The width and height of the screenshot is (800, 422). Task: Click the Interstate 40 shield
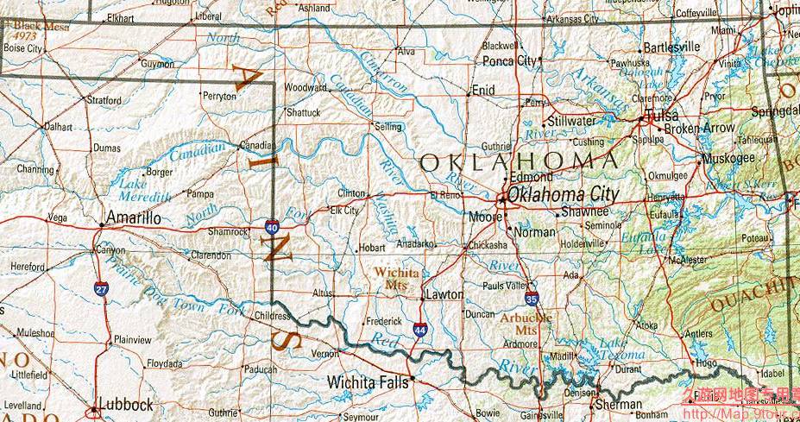(271, 228)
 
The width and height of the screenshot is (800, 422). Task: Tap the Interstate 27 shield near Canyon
(101, 290)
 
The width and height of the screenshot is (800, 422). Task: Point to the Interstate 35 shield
(532, 300)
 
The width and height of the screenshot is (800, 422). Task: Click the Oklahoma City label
(563, 195)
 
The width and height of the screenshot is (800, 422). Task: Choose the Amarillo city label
(132, 218)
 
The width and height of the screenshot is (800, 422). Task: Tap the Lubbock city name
(126, 404)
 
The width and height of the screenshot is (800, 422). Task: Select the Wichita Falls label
(368, 381)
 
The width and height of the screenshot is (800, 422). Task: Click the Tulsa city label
(661, 116)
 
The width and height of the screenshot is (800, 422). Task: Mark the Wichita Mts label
(397, 278)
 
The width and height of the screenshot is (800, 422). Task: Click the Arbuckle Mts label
(525, 324)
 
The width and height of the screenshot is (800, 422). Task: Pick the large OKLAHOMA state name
(519, 161)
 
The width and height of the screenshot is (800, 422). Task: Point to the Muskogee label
(729, 159)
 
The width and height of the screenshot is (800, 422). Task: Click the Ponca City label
(508, 61)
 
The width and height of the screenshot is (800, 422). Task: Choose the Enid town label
(483, 90)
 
